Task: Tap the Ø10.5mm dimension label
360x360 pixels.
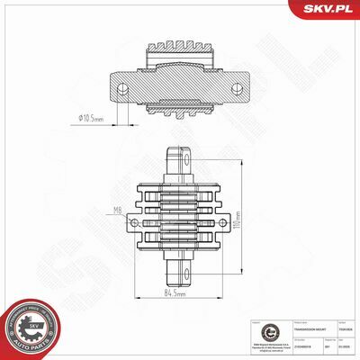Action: point(93,116)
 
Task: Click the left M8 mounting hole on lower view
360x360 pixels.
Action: point(143,219)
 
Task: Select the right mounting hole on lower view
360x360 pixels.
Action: point(217,219)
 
